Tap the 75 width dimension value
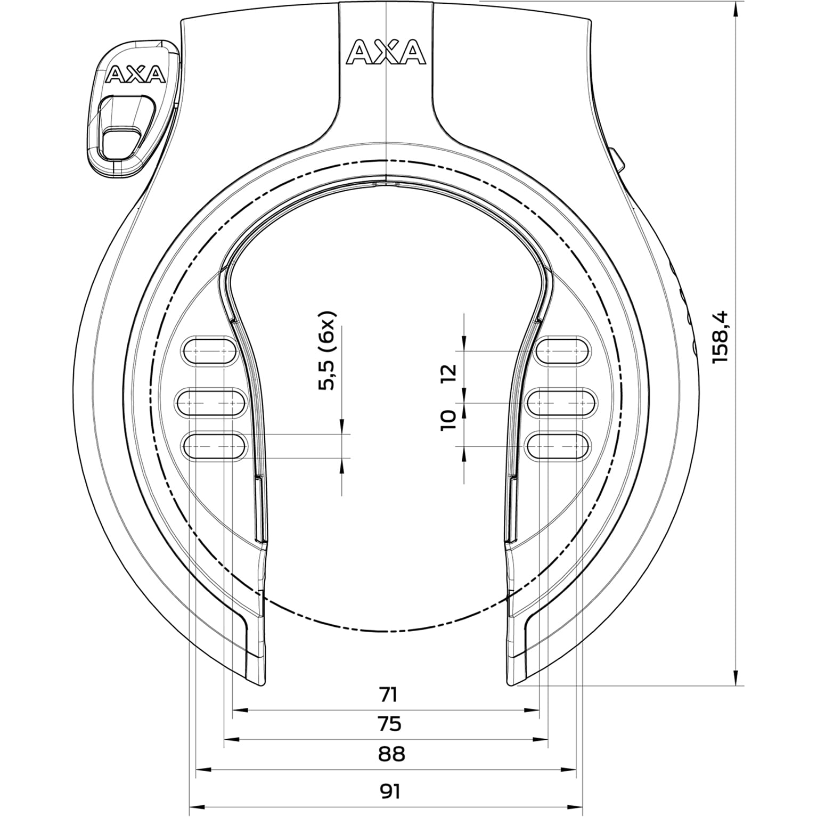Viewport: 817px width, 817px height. click(x=389, y=724)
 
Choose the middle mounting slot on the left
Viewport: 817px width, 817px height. click(x=211, y=403)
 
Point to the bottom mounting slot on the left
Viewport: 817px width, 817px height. click(x=215, y=446)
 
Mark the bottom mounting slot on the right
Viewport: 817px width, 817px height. click(x=558, y=446)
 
